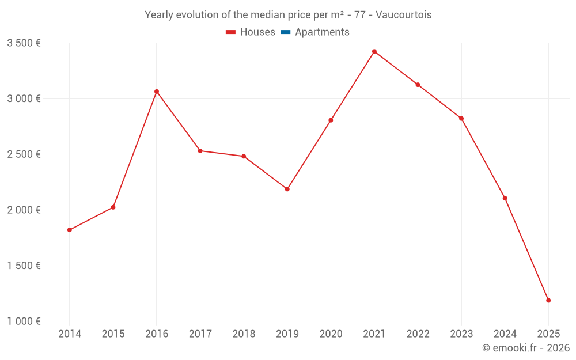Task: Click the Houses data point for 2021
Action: pyautogui.click(x=374, y=52)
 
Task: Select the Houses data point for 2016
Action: pyautogui.click(x=157, y=92)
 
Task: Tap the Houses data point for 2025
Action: pyautogui.click(x=548, y=300)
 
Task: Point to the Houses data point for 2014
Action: pyautogui.click(x=70, y=230)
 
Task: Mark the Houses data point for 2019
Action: pyautogui.click(x=287, y=189)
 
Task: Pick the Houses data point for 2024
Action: pyautogui.click(x=505, y=198)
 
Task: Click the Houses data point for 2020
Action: pyautogui.click(x=331, y=120)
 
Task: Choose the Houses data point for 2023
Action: pyautogui.click(x=461, y=119)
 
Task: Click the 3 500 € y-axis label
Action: pyautogui.click(x=24, y=43)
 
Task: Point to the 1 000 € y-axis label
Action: pyautogui.click(x=24, y=321)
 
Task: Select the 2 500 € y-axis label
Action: pyautogui.click(x=24, y=154)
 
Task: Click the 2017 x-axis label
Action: pyautogui.click(x=200, y=334)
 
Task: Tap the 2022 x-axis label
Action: pyautogui.click(x=418, y=334)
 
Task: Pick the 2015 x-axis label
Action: pyautogui.click(x=113, y=334)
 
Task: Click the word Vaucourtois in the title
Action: pyautogui.click(x=403, y=15)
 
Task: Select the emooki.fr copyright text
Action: pyautogui.click(x=525, y=348)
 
